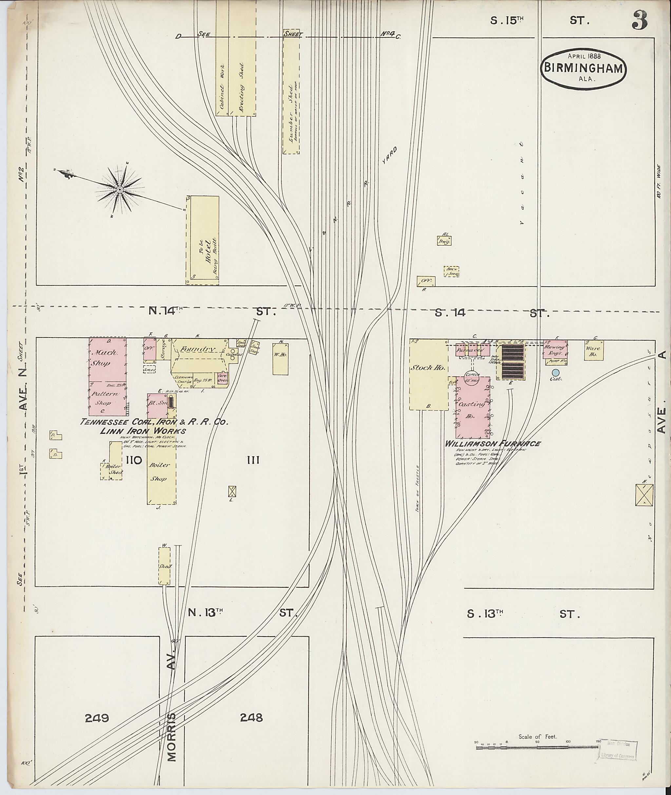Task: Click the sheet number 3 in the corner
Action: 640,21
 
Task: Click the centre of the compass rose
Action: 120,189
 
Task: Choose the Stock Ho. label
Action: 428,368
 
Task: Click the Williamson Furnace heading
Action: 493,443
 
